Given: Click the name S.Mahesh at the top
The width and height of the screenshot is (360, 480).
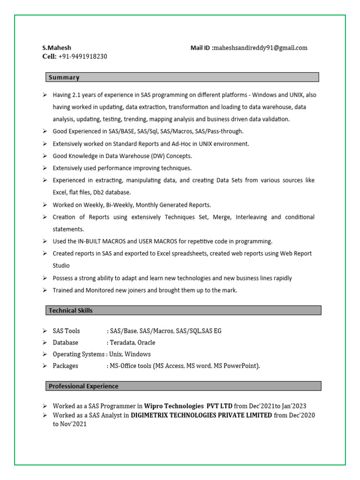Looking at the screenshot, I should click(57, 48).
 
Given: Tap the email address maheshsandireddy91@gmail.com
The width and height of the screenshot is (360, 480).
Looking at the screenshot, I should click(260, 48).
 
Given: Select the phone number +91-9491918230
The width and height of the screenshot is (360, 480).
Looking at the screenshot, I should click(82, 57).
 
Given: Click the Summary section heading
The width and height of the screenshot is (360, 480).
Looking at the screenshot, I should click(64, 77).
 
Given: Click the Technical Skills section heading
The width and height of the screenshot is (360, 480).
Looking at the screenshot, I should click(71, 310).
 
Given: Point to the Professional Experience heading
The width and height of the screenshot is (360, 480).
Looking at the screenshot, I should click(83, 386).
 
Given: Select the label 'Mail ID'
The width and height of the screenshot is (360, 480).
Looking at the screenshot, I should click(201, 48).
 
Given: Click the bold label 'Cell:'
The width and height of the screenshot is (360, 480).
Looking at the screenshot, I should click(49, 57).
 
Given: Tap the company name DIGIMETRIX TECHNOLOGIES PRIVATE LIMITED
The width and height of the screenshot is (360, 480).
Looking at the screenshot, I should click(201, 415).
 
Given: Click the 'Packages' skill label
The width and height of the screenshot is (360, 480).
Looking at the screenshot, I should click(66, 366).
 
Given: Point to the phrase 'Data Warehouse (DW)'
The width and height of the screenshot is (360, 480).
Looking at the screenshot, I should click(130, 156).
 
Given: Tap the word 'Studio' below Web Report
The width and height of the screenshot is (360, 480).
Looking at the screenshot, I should click(61, 266).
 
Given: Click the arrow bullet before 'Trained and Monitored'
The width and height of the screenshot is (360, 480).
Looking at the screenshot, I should click(44, 290).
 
